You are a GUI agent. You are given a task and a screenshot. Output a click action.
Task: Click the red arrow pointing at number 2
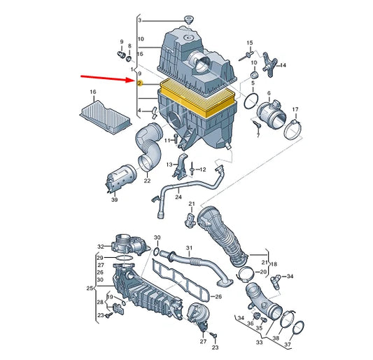[x=108, y=78]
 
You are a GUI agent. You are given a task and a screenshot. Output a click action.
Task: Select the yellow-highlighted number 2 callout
[x=140, y=83]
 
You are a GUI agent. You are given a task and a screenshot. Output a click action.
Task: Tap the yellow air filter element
[x=198, y=98]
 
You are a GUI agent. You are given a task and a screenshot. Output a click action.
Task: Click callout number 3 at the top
[x=140, y=20]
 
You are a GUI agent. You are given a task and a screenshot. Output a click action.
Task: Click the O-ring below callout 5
[x=251, y=101]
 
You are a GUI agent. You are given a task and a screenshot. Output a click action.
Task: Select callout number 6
[x=269, y=93]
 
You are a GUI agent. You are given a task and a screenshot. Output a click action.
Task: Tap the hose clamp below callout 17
[x=293, y=130]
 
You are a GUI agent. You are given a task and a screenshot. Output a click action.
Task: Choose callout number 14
[x=283, y=65]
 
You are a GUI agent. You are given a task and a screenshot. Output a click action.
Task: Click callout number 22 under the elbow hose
[x=147, y=181]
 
